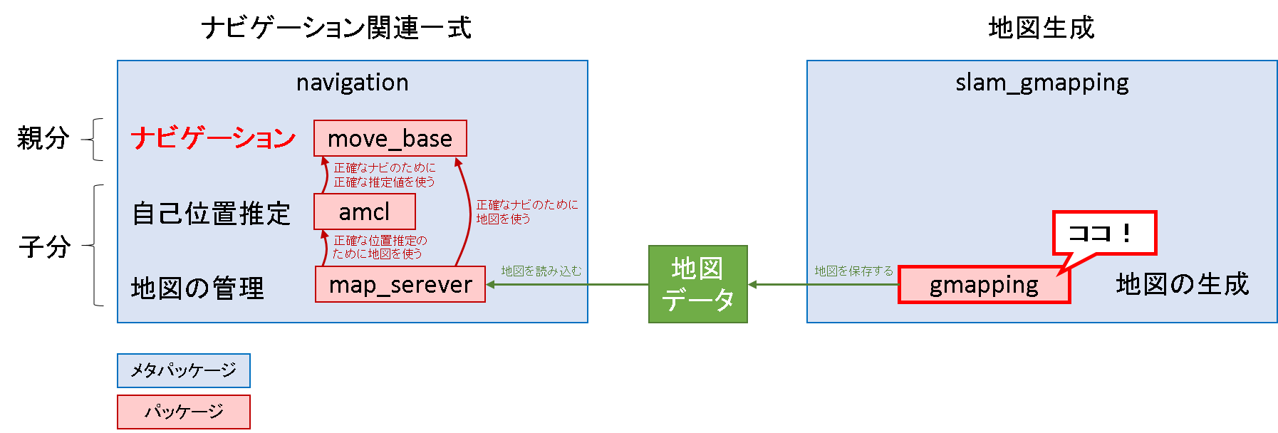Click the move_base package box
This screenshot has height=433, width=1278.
[x=390, y=138]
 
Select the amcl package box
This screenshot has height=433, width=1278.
[x=364, y=212]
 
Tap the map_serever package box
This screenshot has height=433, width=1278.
[x=400, y=284]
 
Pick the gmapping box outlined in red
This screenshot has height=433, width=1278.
[x=984, y=285]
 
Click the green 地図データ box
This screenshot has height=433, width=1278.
[x=697, y=284]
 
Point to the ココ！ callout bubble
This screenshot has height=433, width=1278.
[x=1103, y=233]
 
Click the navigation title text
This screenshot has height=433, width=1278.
[x=353, y=83]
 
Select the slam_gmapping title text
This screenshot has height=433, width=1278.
[x=1041, y=83]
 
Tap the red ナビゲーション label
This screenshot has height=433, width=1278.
[x=213, y=137]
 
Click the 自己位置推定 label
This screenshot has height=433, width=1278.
[x=212, y=214]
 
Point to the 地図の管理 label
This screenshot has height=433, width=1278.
[x=197, y=288]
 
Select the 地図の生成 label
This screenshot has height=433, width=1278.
[x=1182, y=284]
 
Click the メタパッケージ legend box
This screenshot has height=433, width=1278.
[x=184, y=370]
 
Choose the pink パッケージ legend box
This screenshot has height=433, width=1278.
[x=184, y=412]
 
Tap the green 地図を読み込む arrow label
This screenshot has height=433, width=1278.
[x=541, y=271]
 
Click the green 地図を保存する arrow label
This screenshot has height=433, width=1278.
[x=853, y=271]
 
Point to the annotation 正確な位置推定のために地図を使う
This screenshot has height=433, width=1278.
[x=379, y=247]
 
